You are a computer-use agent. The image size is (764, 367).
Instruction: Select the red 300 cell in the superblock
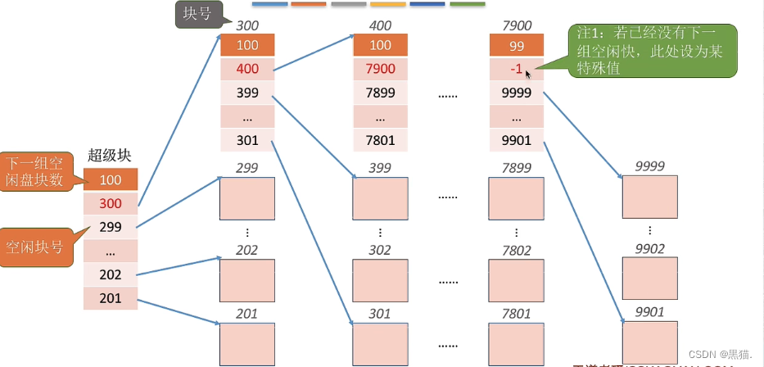110,203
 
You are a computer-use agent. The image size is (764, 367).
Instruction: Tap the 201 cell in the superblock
110,298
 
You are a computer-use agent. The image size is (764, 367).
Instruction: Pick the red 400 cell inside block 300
246,69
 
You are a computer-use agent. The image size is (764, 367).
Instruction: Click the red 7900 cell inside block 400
381,69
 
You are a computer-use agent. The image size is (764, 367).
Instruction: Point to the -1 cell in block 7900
515,69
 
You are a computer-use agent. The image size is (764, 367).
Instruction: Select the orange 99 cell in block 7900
516,45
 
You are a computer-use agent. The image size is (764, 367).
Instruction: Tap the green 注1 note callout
652,50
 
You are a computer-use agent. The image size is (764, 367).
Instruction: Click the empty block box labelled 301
380,343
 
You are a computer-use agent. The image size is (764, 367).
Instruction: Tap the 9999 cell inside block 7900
516,93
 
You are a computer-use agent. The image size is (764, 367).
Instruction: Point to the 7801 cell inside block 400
381,140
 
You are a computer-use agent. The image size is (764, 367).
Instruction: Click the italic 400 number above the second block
381,26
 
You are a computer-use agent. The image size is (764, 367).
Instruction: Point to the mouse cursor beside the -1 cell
528,75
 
